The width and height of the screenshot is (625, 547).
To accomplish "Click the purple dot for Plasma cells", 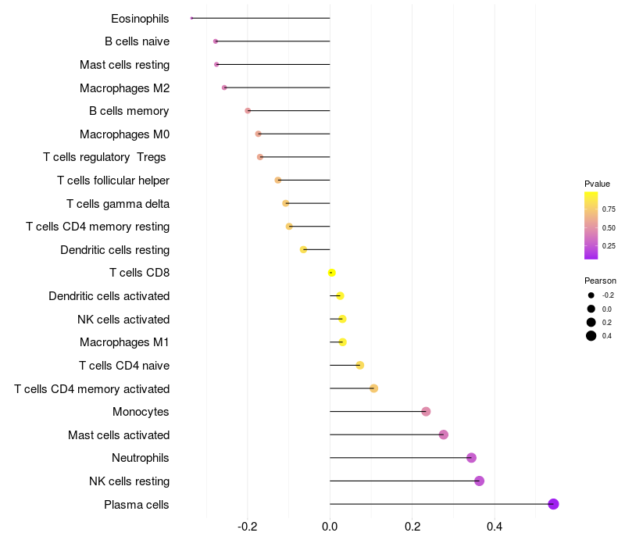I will [553, 504].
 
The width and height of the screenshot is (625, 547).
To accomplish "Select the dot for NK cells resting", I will [479, 481].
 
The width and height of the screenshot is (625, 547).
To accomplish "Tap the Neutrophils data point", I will [471, 458].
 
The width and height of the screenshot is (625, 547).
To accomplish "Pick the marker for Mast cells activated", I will [443, 434].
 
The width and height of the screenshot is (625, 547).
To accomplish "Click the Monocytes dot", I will [426, 412].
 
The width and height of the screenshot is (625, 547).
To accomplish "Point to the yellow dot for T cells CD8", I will [332, 273].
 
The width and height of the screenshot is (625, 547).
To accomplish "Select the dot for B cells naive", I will [216, 41].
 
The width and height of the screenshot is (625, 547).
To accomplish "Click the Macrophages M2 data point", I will [224, 88].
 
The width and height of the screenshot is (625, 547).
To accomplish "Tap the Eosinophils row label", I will [140, 18].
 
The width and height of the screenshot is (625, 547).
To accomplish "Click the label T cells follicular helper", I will [113, 181].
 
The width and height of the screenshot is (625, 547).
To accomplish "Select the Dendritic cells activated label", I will [109, 296].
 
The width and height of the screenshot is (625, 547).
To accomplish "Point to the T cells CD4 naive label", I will [124, 366].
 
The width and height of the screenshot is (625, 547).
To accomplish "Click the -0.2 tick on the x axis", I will [248, 527].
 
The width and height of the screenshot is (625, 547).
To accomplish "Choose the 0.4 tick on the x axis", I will [495, 527].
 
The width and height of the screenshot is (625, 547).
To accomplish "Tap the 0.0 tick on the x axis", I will [330, 527].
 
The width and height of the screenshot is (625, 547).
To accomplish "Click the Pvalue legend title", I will [597, 184].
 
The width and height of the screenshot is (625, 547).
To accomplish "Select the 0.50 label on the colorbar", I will [609, 227].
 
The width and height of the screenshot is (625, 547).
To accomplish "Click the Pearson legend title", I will [600, 281].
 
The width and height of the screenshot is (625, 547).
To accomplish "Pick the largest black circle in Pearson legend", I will [591, 336].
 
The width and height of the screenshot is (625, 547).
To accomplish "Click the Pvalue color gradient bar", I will [591, 225].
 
